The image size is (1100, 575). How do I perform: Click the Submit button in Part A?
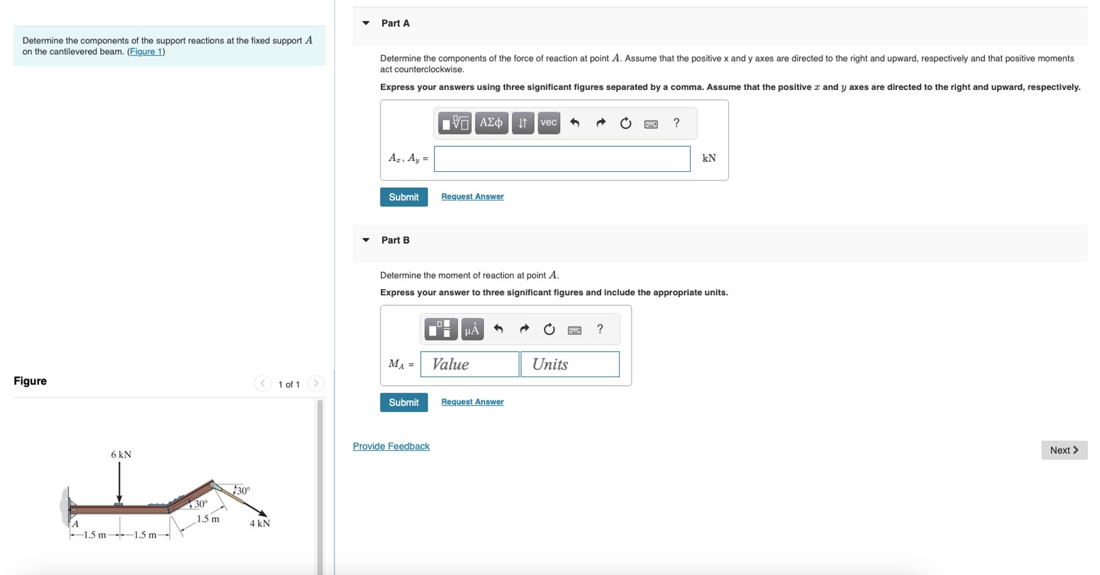point(403,197)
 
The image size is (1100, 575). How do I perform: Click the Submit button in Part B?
point(403,402)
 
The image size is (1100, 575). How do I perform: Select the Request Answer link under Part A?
point(472,196)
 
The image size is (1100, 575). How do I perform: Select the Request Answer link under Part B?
point(472,401)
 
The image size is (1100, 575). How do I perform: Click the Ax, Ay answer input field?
point(561,159)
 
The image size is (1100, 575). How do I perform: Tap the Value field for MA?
point(469,364)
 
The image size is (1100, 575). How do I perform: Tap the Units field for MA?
point(570,364)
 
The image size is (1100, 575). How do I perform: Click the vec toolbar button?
point(548,122)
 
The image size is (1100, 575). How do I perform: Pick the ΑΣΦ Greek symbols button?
point(491,122)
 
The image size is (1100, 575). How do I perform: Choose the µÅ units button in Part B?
point(472,329)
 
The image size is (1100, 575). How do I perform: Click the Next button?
point(1063,450)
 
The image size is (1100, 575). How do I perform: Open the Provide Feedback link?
point(391,446)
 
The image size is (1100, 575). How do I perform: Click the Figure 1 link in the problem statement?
point(146,51)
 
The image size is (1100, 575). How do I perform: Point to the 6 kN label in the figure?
point(121,455)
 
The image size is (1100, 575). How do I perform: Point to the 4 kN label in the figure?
point(260,524)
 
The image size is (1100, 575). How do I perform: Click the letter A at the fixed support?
point(75,524)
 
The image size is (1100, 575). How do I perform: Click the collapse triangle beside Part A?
point(366,23)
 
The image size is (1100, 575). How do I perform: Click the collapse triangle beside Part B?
point(366,240)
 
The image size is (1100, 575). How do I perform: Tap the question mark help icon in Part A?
point(676,123)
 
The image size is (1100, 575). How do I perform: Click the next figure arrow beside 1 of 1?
point(316,383)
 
